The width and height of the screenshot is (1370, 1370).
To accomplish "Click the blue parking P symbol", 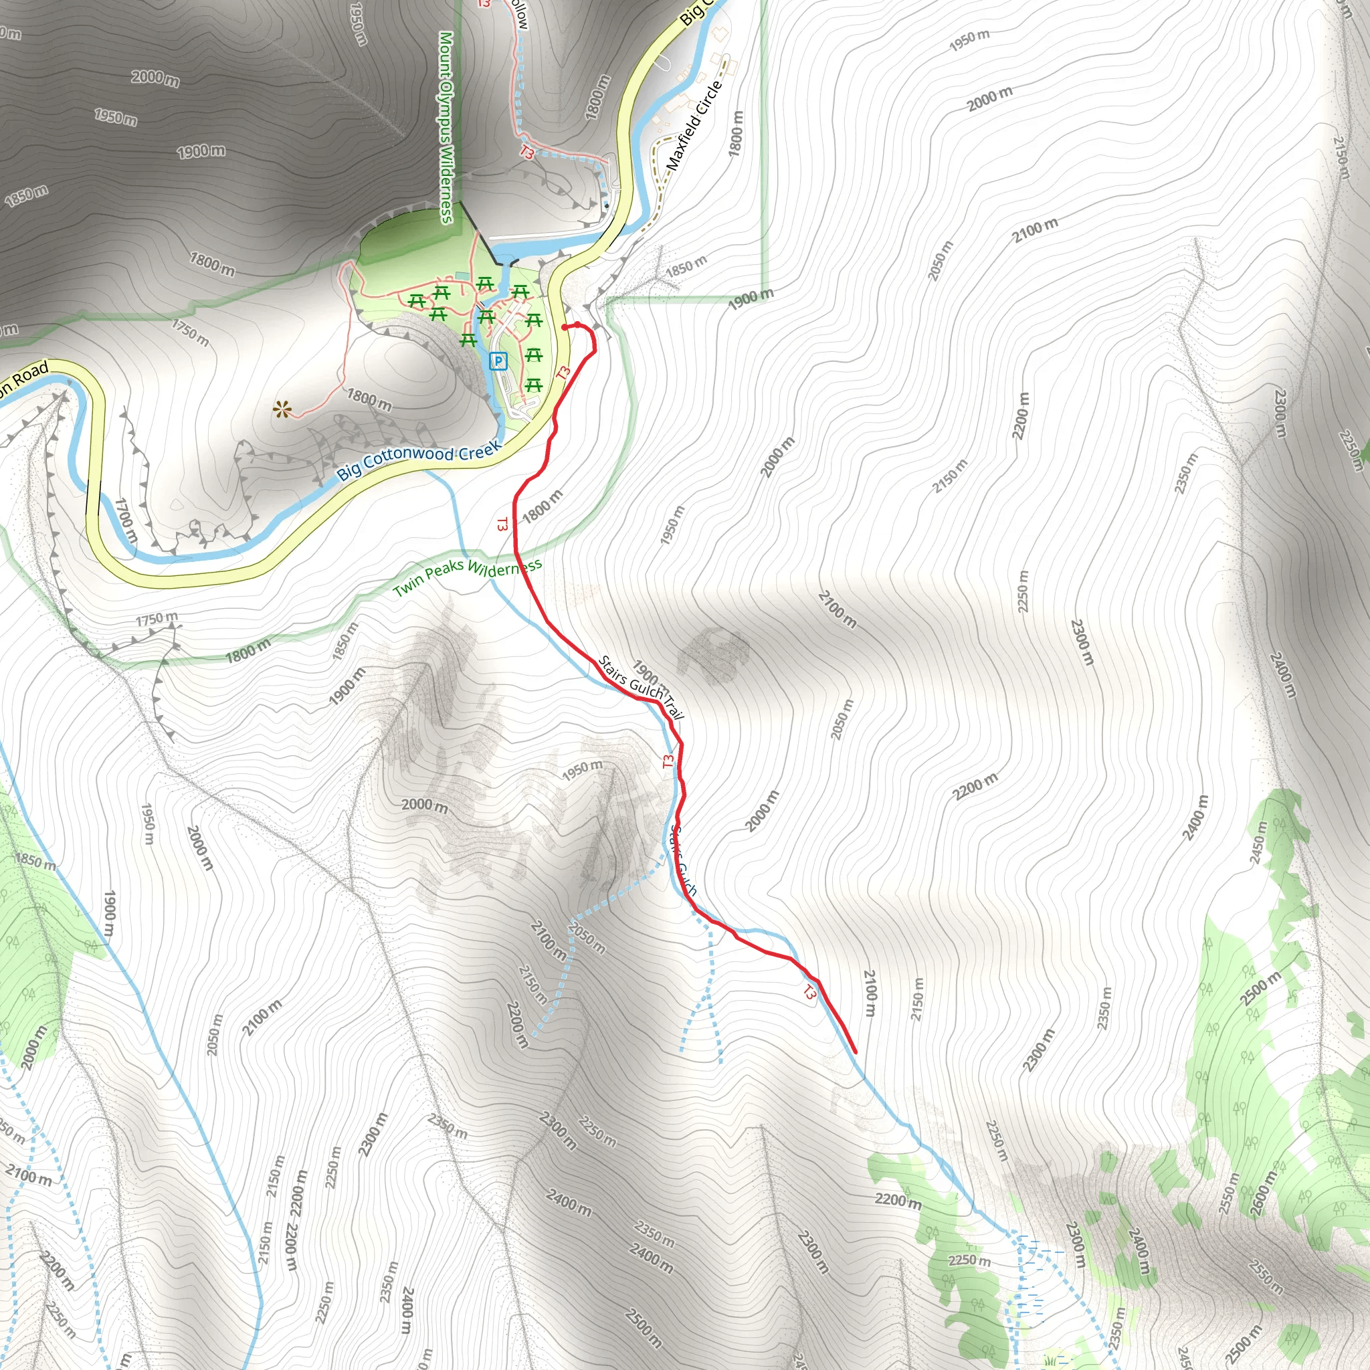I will (x=498, y=362).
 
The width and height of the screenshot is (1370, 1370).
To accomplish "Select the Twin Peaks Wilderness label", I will (x=468, y=577).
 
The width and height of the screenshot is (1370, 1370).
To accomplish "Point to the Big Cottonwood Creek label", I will (x=419, y=460).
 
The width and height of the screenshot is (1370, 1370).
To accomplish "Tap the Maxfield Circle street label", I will (x=694, y=125).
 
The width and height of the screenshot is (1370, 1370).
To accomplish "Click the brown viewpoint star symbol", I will (x=283, y=409).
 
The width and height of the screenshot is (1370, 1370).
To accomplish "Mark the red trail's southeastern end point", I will (x=855, y=1052).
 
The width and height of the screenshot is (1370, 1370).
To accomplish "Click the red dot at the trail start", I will (x=565, y=327).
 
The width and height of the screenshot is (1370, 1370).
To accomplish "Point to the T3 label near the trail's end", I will (x=809, y=992).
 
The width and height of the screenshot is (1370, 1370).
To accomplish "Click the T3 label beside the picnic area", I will (x=564, y=373).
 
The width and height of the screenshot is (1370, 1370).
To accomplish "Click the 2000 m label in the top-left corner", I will (x=155, y=78).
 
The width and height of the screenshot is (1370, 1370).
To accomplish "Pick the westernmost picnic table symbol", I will (x=417, y=302).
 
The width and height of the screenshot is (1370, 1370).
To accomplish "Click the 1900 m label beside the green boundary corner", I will (x=751, y=299).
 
